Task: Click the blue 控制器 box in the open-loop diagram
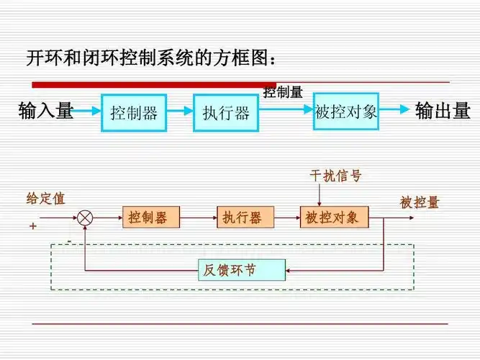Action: (134, 112)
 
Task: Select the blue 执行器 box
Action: (225, 112)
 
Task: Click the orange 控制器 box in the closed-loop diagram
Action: (151, 217)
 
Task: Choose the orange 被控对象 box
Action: (335, 217)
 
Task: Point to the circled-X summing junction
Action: (86, 217)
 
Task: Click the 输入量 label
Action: (46, 111)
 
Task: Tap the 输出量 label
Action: (443, 111)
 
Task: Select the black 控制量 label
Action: (282, 92)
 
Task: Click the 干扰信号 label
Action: (335, 176)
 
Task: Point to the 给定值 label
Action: (45, 199)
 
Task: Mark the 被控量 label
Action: (420, 203)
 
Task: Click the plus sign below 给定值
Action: (32, 225)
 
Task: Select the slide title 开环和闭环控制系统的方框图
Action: (151, 58)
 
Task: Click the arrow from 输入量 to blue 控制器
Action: (88, 111)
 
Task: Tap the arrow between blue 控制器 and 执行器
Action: (180, 111)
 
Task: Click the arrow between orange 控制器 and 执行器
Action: (198, 217)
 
